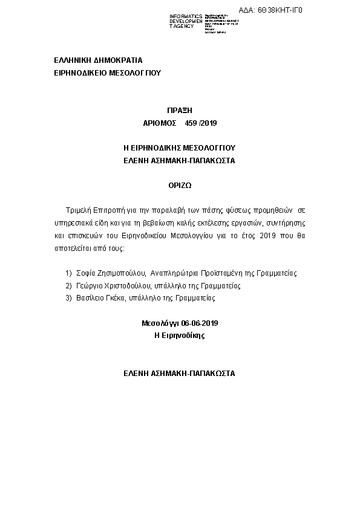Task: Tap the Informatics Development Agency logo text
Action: (186, 22)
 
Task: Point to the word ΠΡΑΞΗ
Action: (179, 110)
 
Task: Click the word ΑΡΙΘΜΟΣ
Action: (159, 123)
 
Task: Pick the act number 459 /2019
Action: (201, 123)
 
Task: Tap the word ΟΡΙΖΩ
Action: (179, 186)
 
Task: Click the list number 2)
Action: (68, 285)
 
